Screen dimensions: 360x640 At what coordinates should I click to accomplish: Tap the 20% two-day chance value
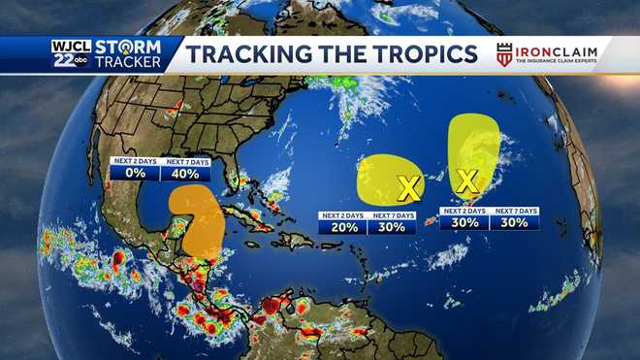pos(344,227)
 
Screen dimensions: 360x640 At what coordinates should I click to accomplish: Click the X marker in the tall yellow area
pos(467,180)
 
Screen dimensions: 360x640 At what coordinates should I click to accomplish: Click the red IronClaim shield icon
pos(504,54)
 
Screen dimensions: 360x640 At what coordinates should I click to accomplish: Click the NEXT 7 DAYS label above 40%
pos(185,161)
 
